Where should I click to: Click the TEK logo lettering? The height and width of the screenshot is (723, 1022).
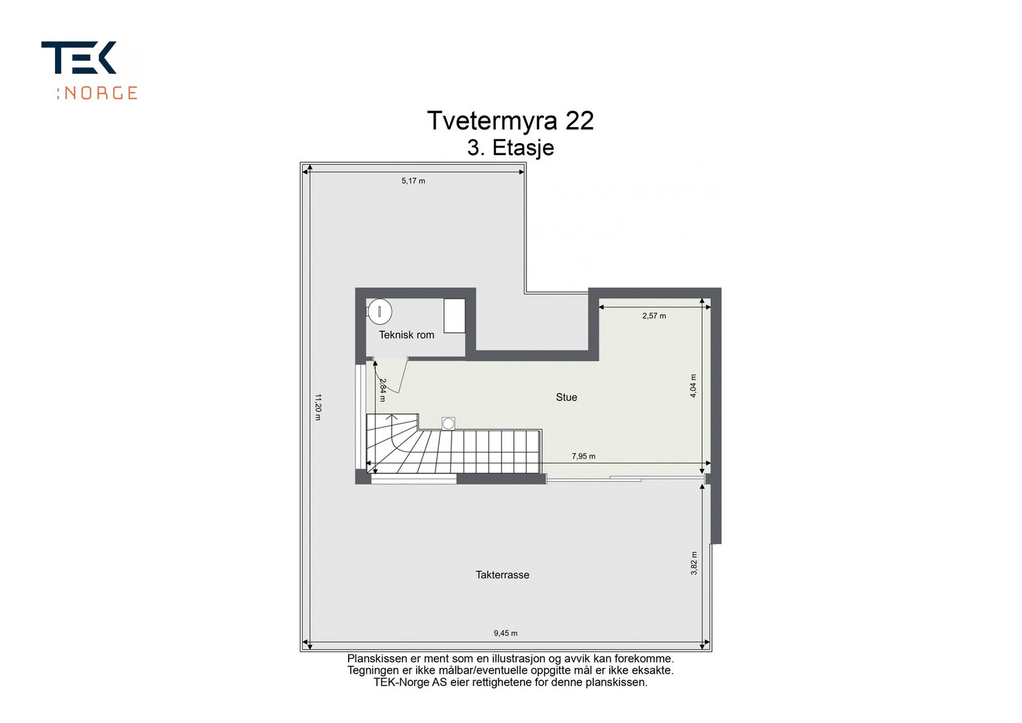click(79, 58)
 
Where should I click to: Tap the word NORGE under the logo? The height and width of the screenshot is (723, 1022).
click(101, 93)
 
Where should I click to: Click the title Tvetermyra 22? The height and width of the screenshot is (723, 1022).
click(510, 121)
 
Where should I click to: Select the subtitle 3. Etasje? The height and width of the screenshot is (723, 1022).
click(510, 148)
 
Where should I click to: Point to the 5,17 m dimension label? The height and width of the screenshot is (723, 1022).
click(413, 181)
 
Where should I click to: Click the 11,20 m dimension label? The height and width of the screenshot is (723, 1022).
click(317, 407)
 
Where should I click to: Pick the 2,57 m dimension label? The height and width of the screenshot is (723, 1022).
click(654, 316)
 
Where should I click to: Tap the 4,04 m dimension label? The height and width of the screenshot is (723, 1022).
click(693, 386)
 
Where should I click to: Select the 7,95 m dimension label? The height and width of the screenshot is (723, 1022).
click(583, 456)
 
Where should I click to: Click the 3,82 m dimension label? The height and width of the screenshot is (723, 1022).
click(694, 563)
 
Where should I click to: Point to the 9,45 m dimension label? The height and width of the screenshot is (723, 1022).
click(505, 633)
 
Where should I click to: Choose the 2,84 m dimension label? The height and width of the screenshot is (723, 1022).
click(383, 390)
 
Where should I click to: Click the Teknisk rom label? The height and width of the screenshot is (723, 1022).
click(406, 335)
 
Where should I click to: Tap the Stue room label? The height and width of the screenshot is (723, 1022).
click(566, 397)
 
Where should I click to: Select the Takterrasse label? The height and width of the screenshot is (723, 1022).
click(502, 575)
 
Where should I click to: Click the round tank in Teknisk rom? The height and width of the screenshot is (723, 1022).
click(380, 312)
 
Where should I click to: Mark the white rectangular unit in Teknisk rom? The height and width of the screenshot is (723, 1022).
click(455, 315)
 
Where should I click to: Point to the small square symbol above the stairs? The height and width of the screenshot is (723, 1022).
click(448, 423)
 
